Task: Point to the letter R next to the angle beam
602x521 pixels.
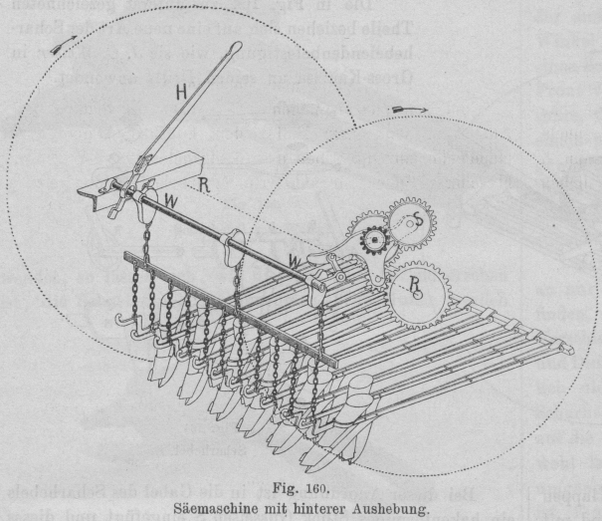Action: coord(202,182)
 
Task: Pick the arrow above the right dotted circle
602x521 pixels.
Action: coord(407,107)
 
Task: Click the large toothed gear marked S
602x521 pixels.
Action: coord(407,225)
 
